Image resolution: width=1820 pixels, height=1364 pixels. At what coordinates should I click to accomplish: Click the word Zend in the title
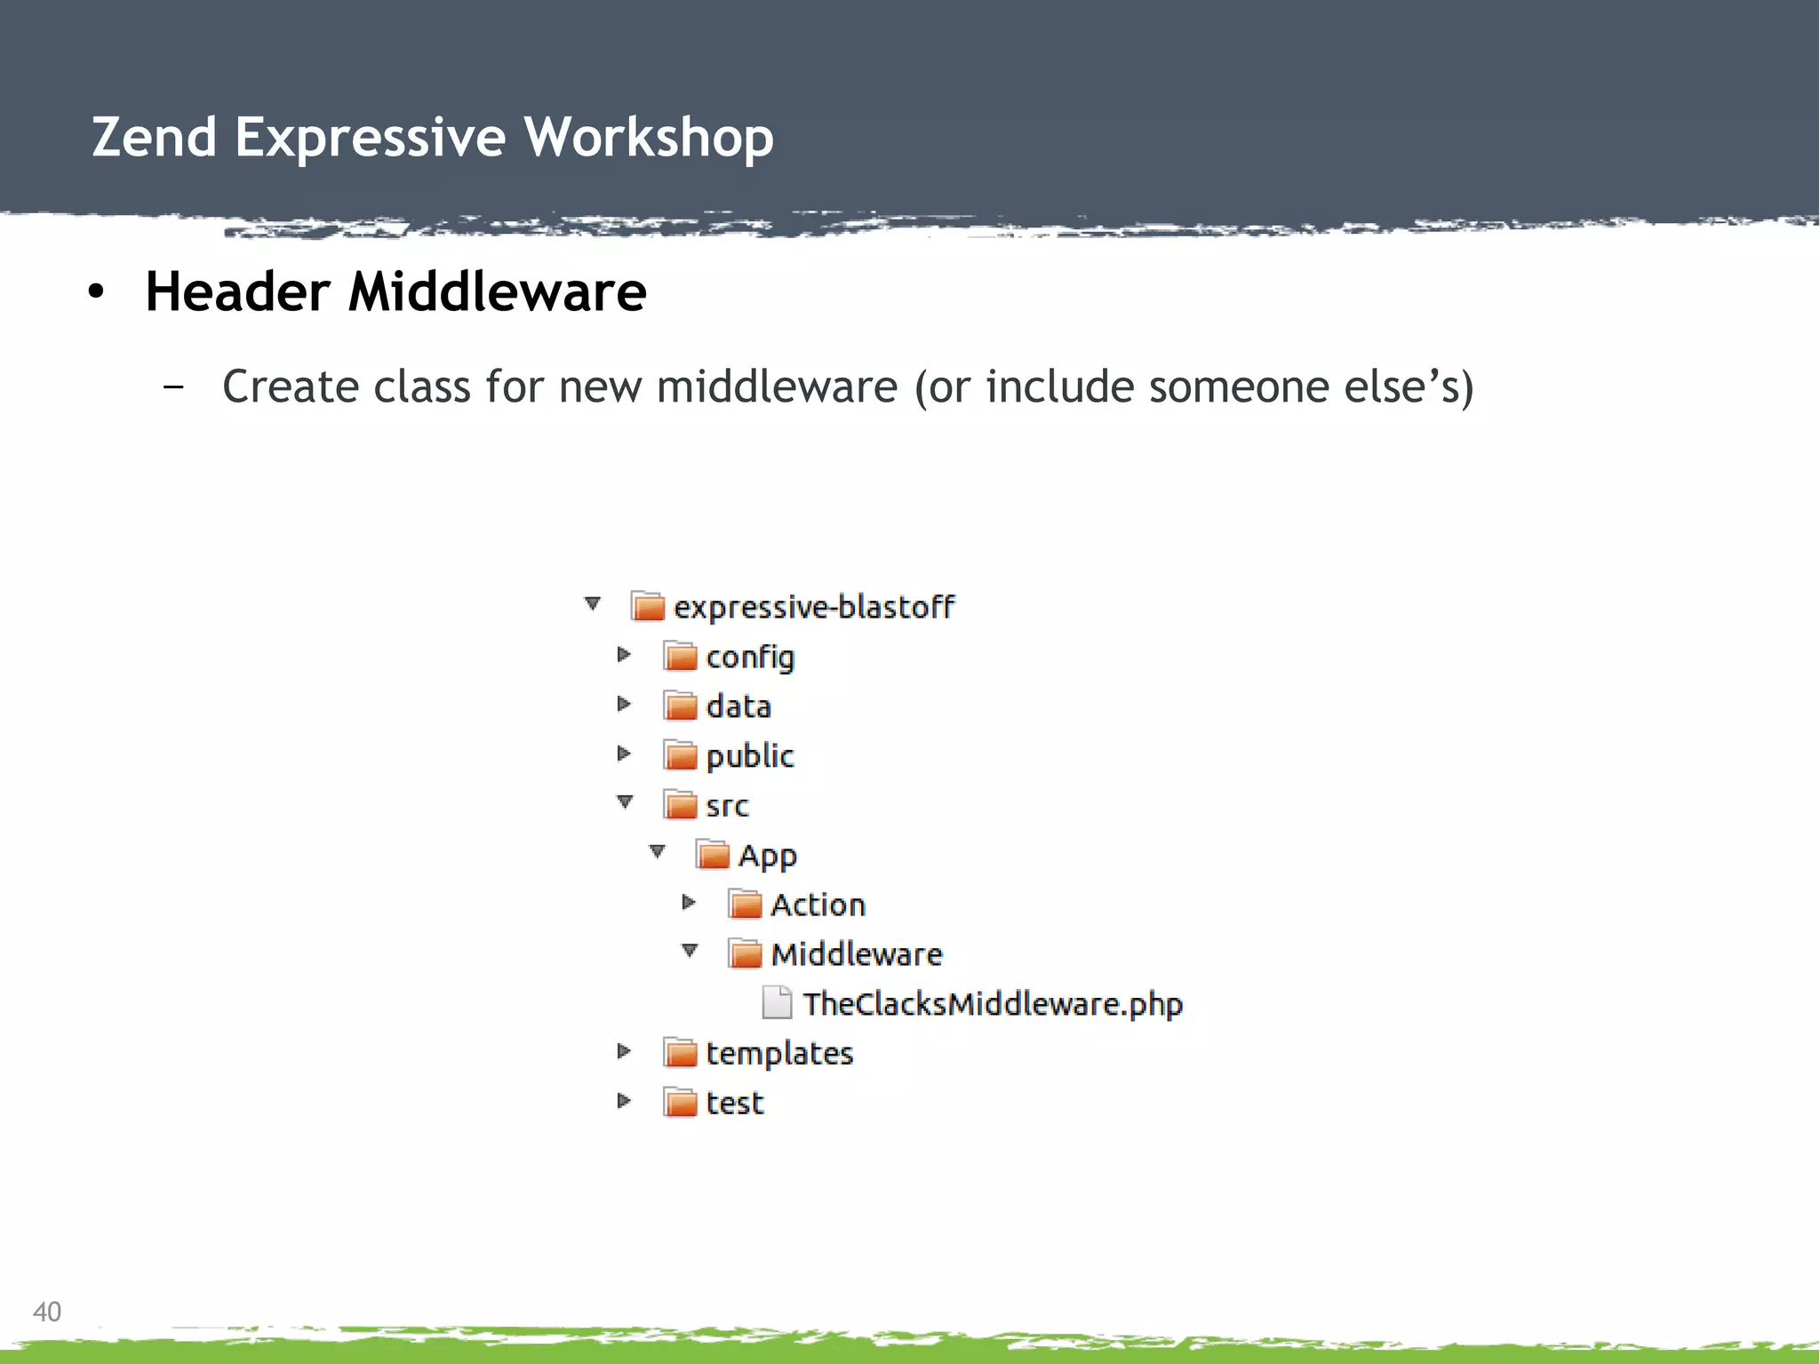pos(155,138)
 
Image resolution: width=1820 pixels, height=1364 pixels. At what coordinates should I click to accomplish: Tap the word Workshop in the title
pos(649,138)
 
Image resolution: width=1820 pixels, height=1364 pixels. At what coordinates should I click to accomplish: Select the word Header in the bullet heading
pos(237,292)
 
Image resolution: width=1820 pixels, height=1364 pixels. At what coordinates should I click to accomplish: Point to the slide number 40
pos(47,1312)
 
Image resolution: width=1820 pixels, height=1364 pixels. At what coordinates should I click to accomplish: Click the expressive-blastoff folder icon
pos(648,607)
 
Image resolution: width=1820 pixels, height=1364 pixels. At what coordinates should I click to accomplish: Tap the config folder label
pos(750,658)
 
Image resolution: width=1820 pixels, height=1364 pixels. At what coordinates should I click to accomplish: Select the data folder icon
pos(680,706)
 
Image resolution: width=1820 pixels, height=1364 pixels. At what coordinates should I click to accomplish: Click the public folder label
pos(750,756)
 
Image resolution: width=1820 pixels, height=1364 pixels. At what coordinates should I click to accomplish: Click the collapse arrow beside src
pos(625,802)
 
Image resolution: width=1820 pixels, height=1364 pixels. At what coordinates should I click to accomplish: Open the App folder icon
pos(712,855)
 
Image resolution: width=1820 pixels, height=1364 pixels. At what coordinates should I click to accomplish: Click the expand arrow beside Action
pos(689,903)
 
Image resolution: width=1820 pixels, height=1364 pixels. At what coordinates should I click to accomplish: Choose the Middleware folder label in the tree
pos(857,954)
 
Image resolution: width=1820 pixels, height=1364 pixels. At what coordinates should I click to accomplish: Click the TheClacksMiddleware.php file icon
pos(777,1003)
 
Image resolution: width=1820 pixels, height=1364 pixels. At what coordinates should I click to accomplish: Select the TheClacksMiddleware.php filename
pos(993,1004)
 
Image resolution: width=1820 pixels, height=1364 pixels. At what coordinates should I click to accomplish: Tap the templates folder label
pos(779,1054)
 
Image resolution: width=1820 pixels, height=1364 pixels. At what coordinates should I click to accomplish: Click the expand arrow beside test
pos(624,1101)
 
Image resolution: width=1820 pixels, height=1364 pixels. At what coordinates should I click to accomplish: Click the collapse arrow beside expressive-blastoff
pos(593,604)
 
